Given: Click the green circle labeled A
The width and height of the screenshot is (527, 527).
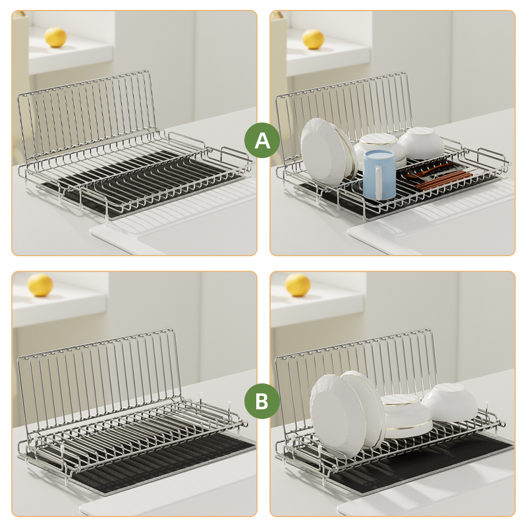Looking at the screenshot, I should click(262, 140).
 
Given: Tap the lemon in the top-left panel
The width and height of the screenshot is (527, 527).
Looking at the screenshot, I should click(56, 38).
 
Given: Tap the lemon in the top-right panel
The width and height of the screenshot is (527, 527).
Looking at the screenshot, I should click(313, 39).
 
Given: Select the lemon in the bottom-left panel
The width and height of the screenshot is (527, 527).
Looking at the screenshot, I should click(40, 285).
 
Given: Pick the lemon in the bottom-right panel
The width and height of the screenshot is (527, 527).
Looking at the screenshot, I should click(298, 285).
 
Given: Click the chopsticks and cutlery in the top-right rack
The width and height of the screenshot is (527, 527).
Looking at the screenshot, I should click(438, 176).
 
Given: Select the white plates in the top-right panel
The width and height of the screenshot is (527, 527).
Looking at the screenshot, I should click(326, 150).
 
